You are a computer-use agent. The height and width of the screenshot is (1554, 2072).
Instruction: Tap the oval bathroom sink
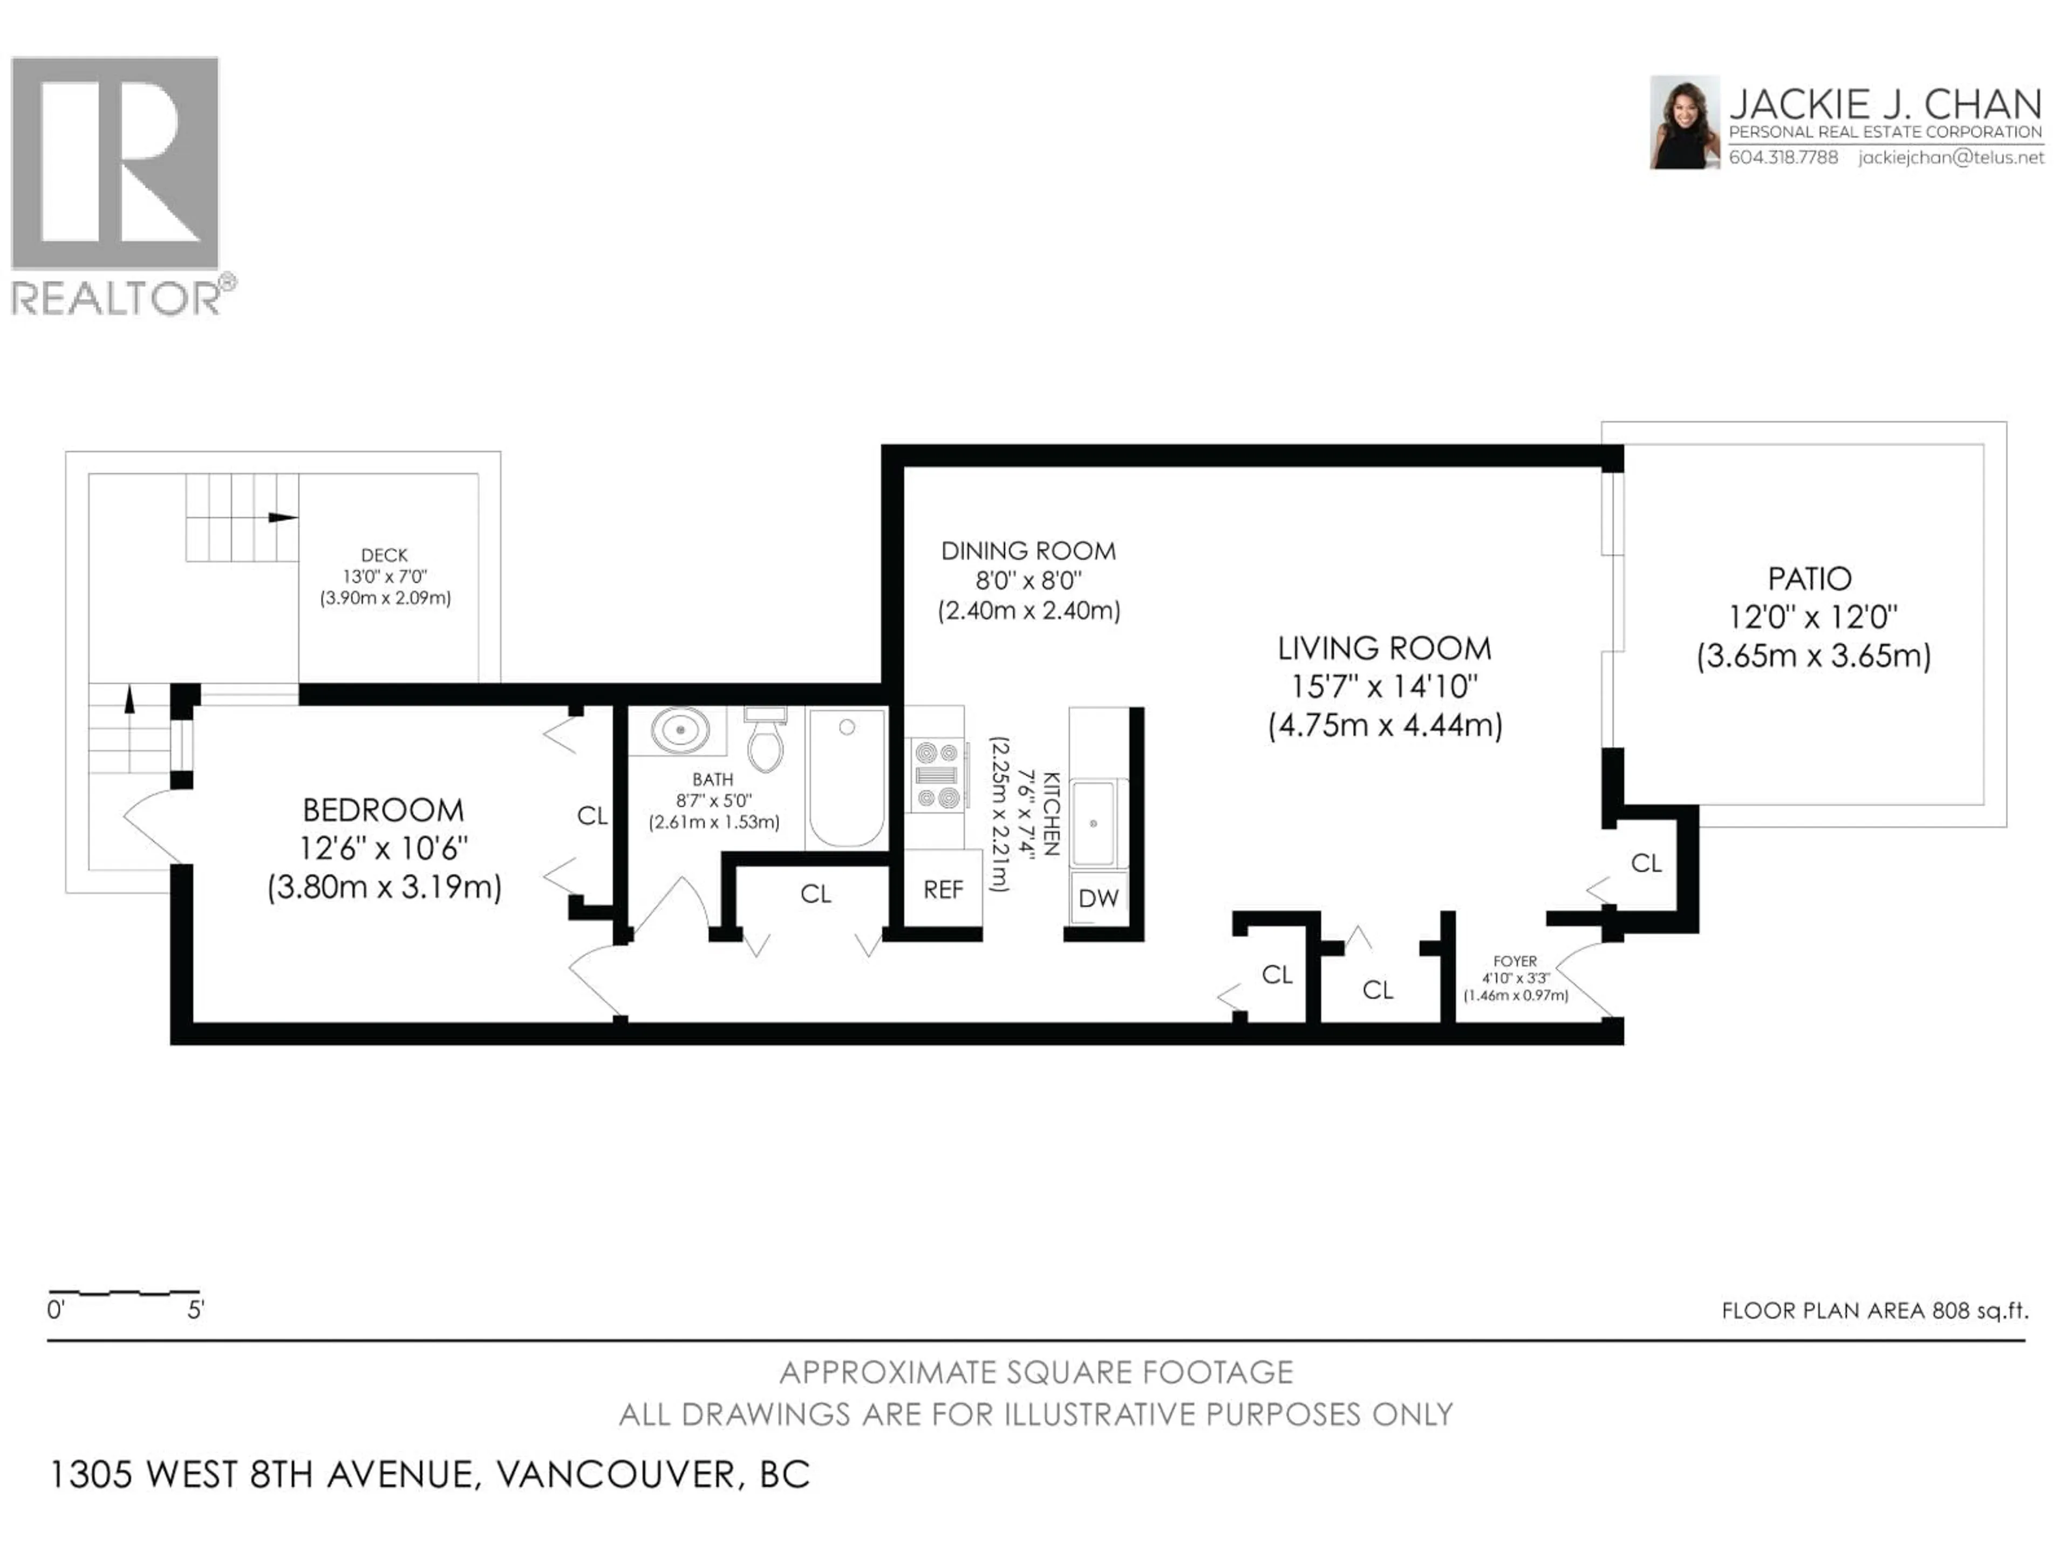tap(680, 730)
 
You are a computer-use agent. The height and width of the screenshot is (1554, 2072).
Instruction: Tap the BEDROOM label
tap(383, 809)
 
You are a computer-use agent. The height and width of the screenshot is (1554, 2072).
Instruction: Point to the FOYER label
tap(1515, 961)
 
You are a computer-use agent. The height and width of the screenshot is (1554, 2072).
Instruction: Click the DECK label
tap(384, 555)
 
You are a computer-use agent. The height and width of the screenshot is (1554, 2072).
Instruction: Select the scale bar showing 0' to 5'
tap(124, 1293)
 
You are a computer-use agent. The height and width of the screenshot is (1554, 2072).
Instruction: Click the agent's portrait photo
tap(1684, 122)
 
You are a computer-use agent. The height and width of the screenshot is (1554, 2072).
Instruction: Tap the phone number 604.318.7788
tap(1783, 158)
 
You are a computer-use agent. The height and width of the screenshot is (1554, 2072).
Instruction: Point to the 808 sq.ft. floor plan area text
tap(1875, 1311)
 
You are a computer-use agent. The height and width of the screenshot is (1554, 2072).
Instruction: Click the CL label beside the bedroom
tap(592, 816)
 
